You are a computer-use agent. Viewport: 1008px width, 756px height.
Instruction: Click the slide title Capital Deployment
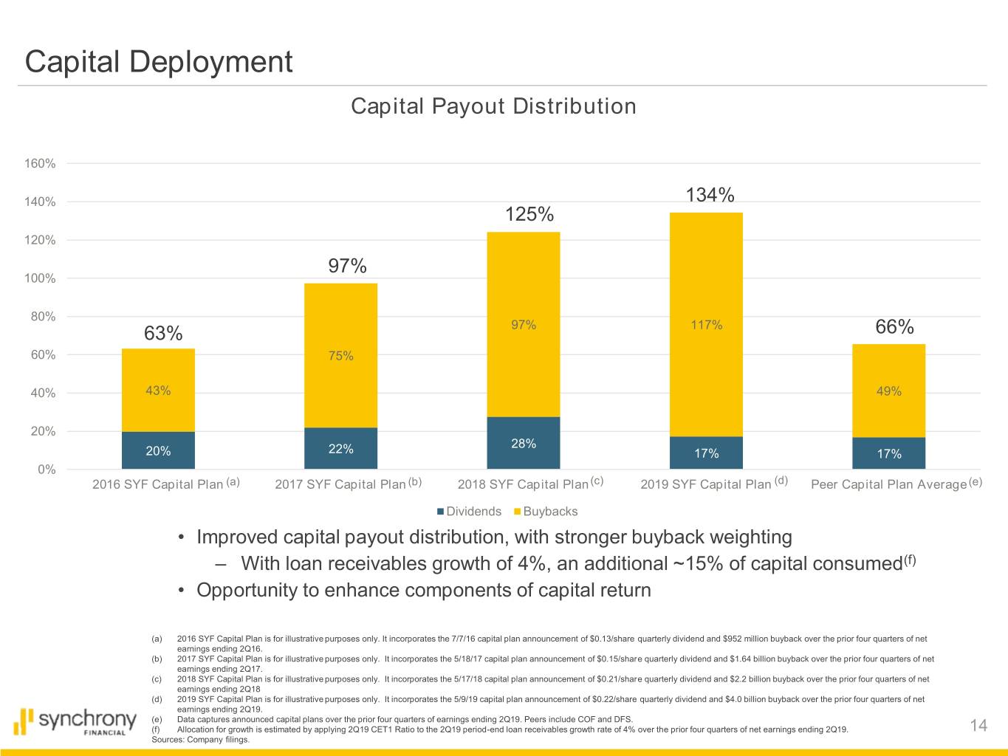(159, 61)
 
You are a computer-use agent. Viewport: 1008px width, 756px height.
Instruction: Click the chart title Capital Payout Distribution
(493, 106)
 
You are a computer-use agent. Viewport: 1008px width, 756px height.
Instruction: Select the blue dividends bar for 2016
(158, 450)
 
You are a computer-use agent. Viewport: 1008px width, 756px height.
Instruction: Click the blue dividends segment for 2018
(523, 443)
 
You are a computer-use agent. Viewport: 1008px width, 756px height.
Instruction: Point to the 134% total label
(710, 195)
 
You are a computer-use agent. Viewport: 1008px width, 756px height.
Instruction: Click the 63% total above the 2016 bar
(163, 334)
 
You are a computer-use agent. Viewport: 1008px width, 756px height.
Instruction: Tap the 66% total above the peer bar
(894, 327)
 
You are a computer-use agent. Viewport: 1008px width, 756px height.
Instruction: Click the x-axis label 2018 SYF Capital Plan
(523, 484)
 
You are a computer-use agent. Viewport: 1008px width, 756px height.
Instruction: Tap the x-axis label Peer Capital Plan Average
(888, 484)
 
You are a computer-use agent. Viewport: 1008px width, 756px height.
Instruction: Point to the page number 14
(978, 726)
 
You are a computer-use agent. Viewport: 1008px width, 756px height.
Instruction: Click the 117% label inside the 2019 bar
(706, 325)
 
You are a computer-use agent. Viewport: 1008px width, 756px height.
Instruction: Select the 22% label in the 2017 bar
(340, 449)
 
